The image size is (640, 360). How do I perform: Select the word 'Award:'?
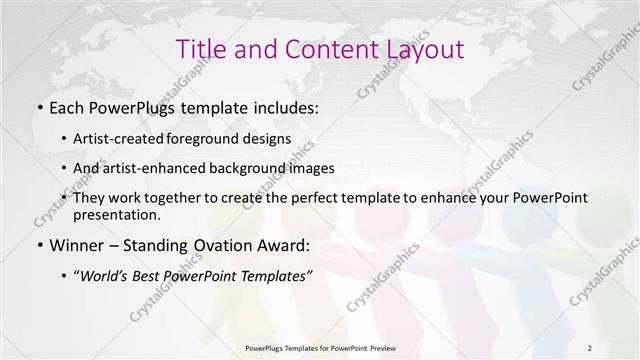[x=285, y=244]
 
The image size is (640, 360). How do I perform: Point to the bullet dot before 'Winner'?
[x=39, y=245]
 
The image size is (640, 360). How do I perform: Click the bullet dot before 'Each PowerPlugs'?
[x=39, y=106]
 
